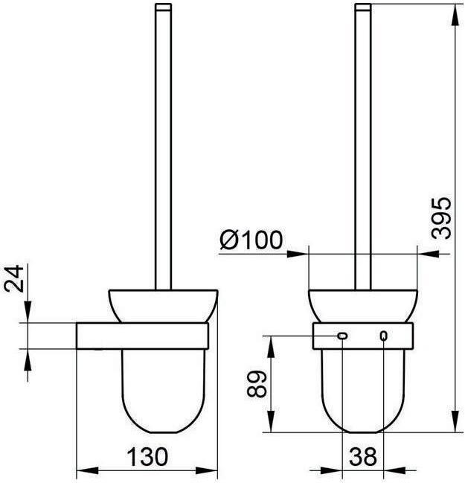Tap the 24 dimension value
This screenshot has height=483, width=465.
pos(14,278)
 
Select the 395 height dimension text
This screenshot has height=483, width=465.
pos(441,218)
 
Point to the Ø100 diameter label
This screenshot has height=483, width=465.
pos(251,240)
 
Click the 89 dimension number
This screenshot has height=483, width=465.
pos(256,384)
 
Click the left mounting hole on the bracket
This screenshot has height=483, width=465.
pos(342,336)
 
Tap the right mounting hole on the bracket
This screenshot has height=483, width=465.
pos(383,336)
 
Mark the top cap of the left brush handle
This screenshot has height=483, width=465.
pos(163,7)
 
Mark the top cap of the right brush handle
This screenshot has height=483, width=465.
pos(363,7)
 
